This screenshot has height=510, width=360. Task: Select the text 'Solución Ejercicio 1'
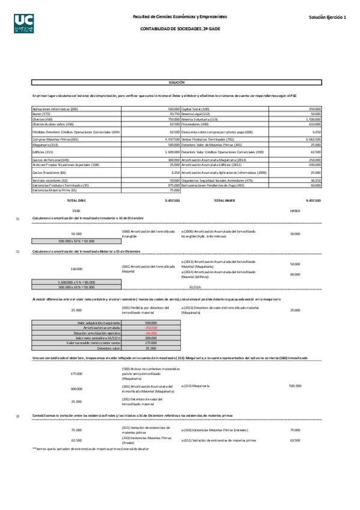pyautogui.click(x=328, y=17)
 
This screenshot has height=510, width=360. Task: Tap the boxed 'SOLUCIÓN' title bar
pyautogui.click(x=177, y=82)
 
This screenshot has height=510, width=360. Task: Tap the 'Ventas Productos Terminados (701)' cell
pyautogui.click(x=207, y=139)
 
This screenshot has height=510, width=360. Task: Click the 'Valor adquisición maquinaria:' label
pyautogui.click(x=100, y=322)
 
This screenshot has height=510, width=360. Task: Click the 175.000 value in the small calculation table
pyautogui.click(x=150, y=343)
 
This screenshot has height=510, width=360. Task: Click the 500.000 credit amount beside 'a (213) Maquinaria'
pyautogui.click(x=294, y=386)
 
